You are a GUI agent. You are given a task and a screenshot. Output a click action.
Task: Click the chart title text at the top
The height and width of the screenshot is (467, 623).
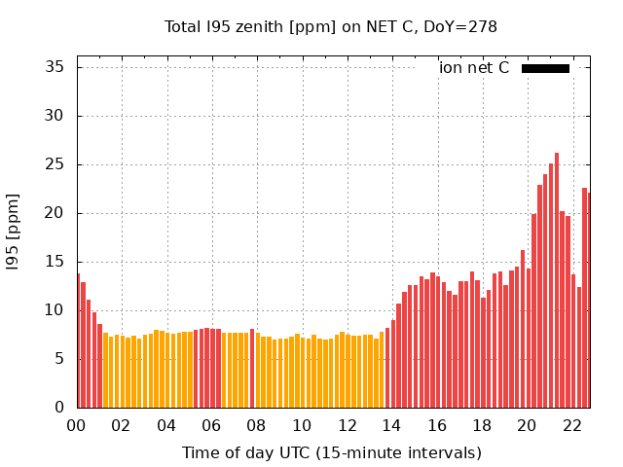pos(331,26)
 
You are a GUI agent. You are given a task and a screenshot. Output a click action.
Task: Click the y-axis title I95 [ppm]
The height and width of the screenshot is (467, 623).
pos(14,232)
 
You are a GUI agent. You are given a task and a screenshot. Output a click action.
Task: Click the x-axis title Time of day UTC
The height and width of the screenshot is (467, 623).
pos(331,452)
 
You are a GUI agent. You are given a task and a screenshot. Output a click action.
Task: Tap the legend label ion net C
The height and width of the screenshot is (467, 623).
pos(474,68)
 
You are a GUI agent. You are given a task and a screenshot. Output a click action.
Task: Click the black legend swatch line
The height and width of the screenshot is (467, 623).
pos(545,68)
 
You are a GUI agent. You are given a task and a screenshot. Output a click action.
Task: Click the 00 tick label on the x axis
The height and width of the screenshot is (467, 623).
pos(77,425)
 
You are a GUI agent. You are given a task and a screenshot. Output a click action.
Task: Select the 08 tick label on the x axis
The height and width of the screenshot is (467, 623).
pos(257,425)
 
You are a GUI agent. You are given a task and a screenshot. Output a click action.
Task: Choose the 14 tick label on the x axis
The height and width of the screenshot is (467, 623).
pos(391,425)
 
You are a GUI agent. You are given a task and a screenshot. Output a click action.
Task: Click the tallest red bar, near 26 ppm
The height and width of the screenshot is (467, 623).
pos(557,282)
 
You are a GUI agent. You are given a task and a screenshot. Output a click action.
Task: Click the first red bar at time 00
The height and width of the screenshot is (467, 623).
pos(78,341)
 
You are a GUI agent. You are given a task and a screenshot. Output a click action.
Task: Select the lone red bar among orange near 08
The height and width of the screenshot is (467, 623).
pos(252,370)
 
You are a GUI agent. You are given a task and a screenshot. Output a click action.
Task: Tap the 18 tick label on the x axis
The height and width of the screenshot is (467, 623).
pos(482,425)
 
